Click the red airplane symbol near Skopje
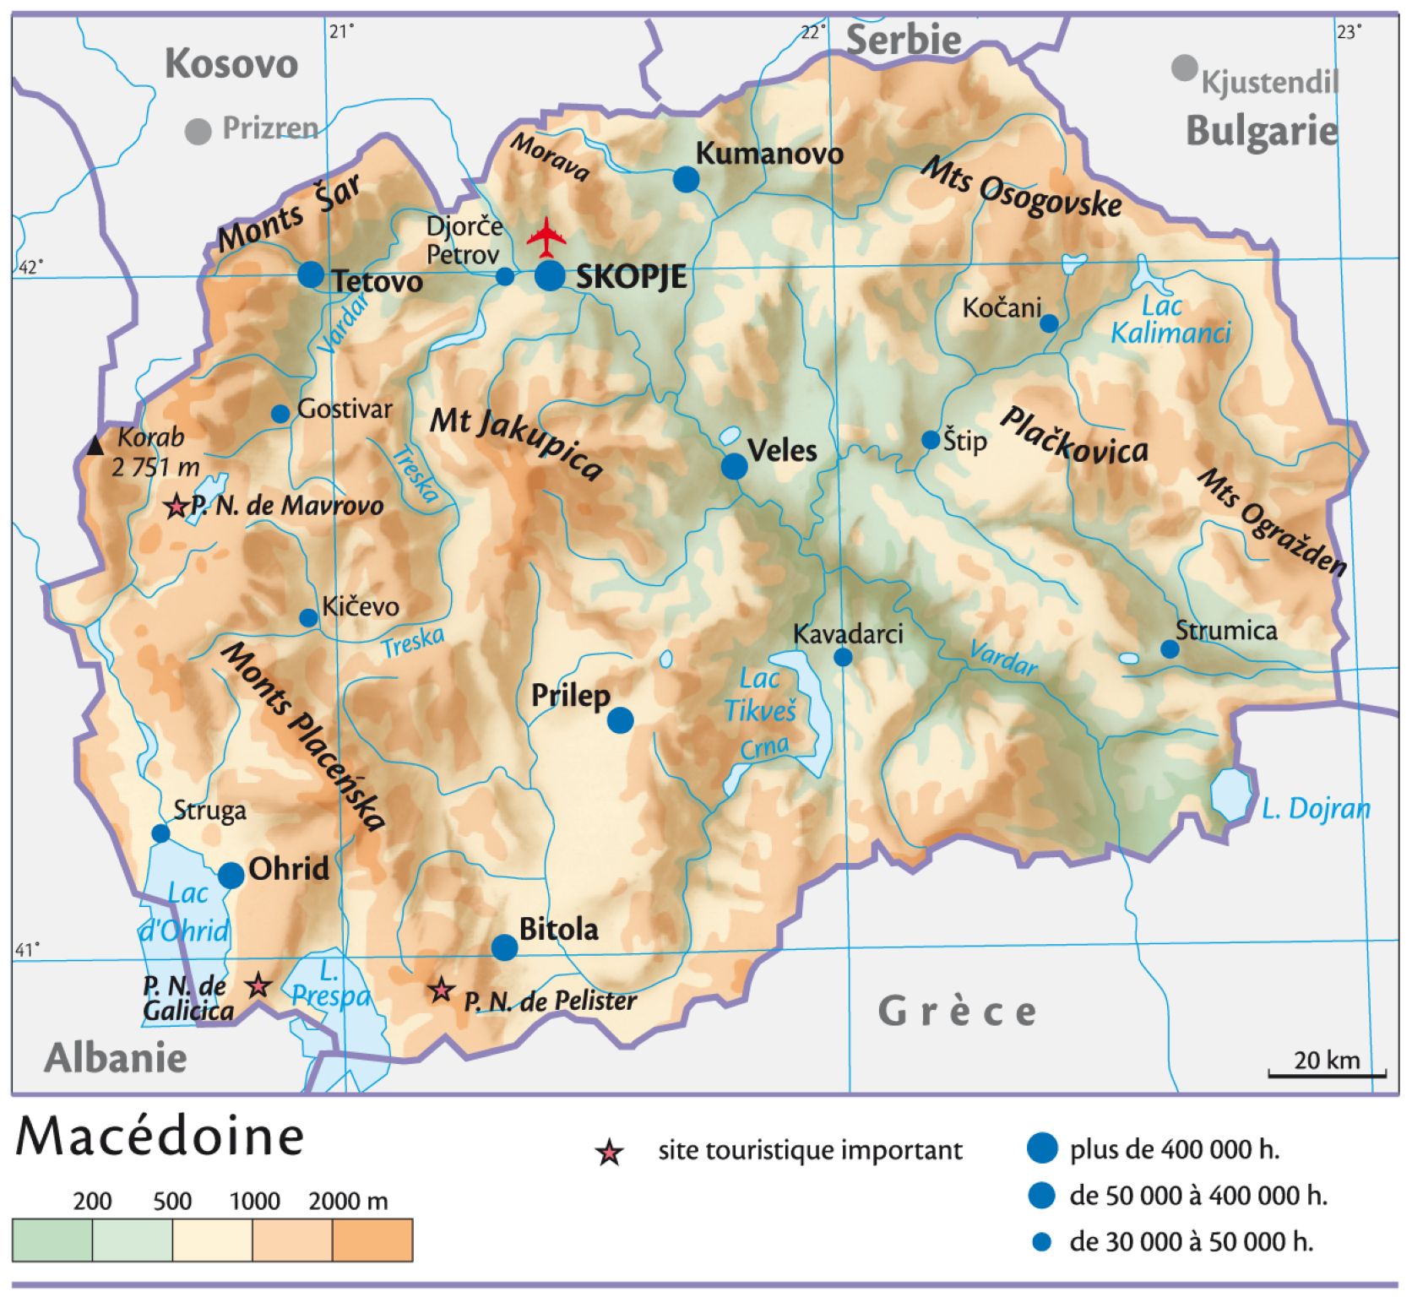coord(547,236)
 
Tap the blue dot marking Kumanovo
coord(686,179)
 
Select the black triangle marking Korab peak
coord(96,445)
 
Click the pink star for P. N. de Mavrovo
coord(176,507)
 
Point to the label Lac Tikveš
coord(760,695)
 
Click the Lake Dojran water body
coord(1230,794)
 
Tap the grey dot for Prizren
coord(198,131)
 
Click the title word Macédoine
coord(160,1137)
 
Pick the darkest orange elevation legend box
coord(372,1240)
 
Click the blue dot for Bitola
coord(504,947)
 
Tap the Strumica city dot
coord(1169,648)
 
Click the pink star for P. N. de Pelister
coord(440,990)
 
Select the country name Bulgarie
coord(1262,132)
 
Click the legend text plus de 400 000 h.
coord(1174,1149)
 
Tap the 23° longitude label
coord(1349,32)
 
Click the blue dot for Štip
coord(930,440)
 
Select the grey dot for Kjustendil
coord(1184,68)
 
